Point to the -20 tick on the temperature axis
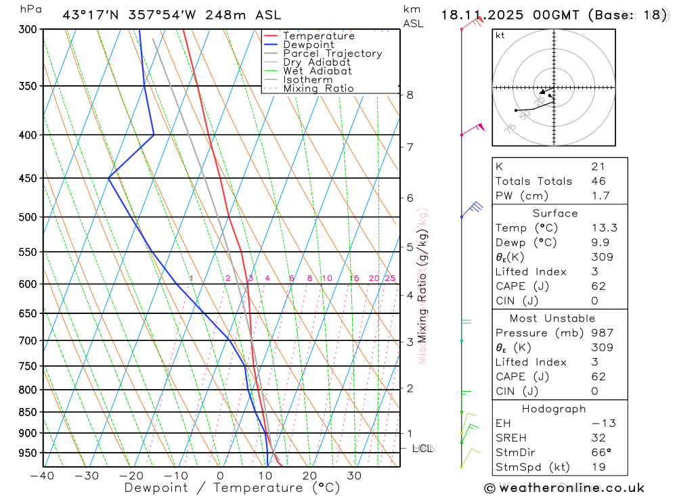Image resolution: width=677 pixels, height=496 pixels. [131, 476]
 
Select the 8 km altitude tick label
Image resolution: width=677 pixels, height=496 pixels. [410, 95]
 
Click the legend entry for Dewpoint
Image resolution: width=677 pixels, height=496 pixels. [308, 45]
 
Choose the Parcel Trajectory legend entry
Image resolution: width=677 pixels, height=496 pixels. [332, 53]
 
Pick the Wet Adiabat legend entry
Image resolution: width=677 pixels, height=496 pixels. [317, 71]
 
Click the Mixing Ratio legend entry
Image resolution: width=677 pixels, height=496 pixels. [318, 89]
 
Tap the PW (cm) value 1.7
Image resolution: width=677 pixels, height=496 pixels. [600, 196]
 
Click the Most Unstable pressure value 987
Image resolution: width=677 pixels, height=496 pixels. [602, 333]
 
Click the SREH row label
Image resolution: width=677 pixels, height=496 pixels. [511, 438]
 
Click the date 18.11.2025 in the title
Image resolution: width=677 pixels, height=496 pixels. [481, 15]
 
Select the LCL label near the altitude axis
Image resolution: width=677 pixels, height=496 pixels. [422, 448]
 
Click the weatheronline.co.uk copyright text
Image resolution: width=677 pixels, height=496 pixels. [565, 488]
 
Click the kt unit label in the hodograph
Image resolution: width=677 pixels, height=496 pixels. [500, 35]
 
